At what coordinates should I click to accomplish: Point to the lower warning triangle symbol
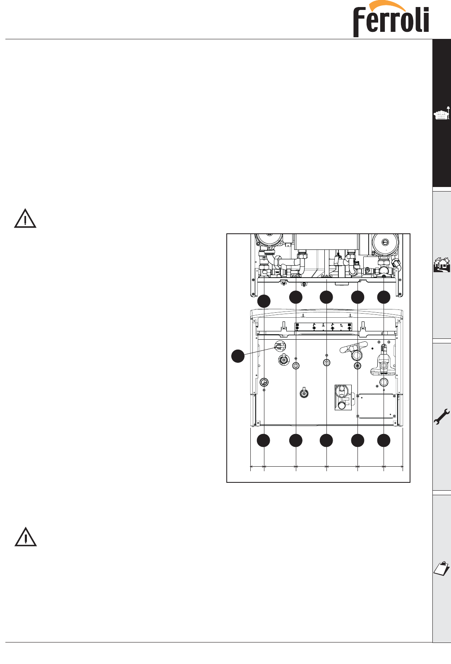pyautogui.click(x=26, y=537)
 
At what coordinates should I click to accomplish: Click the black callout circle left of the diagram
pyautogui.click(x=237, y=356)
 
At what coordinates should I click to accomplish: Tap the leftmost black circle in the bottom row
pyautogui.click(x=264, y=441)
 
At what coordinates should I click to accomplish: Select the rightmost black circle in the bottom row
pyautogui.click(x=384, y=441)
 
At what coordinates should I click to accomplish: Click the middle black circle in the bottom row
pyautogui.click(x=326, y=441)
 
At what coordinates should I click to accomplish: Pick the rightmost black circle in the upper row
pyautogui.click(x=384, y=297)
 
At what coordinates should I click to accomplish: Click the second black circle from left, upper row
pyautogui.click(x=296, y=297)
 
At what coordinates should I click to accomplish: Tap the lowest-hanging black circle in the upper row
pyautogui.click(x=264, y=302)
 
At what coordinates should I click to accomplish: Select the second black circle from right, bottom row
pyautogui.click(x=357, y=441)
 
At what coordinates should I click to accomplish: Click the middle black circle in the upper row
pyautogui.click(x=326, y=297)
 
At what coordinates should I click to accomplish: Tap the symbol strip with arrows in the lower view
pyautogui.click(x=323, y=327)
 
